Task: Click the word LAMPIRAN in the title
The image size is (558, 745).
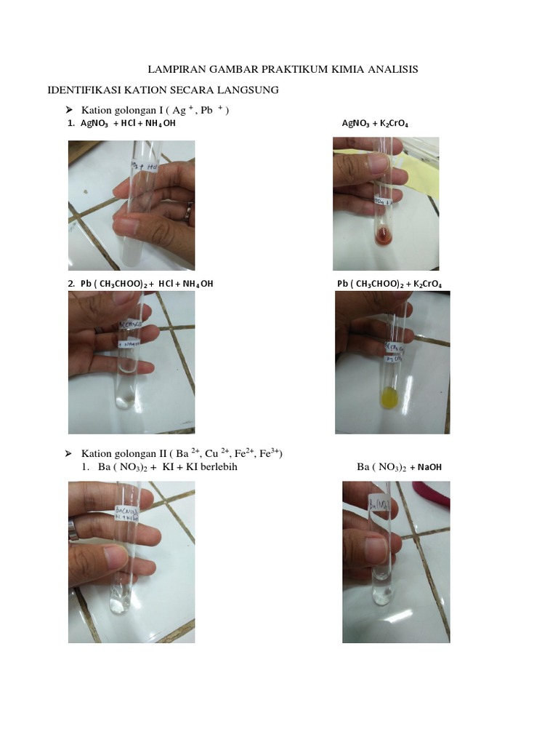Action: click(x=174, y=69)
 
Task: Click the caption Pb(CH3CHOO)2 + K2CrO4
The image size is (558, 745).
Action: click(x=389, y=283)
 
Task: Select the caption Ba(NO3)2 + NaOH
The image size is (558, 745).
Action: click(x=399, y=467)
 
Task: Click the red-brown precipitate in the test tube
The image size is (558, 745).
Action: click(x=383, y=235)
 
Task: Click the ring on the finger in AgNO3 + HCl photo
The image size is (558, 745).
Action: click(x=188, y=211)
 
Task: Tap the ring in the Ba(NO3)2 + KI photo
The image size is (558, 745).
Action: click(x=73, y=529)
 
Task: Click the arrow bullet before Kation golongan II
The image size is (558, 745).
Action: click(x=70, y=453)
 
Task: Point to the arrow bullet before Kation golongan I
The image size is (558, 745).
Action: click(x=70, y=109)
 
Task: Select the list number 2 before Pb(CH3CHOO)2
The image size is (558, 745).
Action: click(x=71, y=283)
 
